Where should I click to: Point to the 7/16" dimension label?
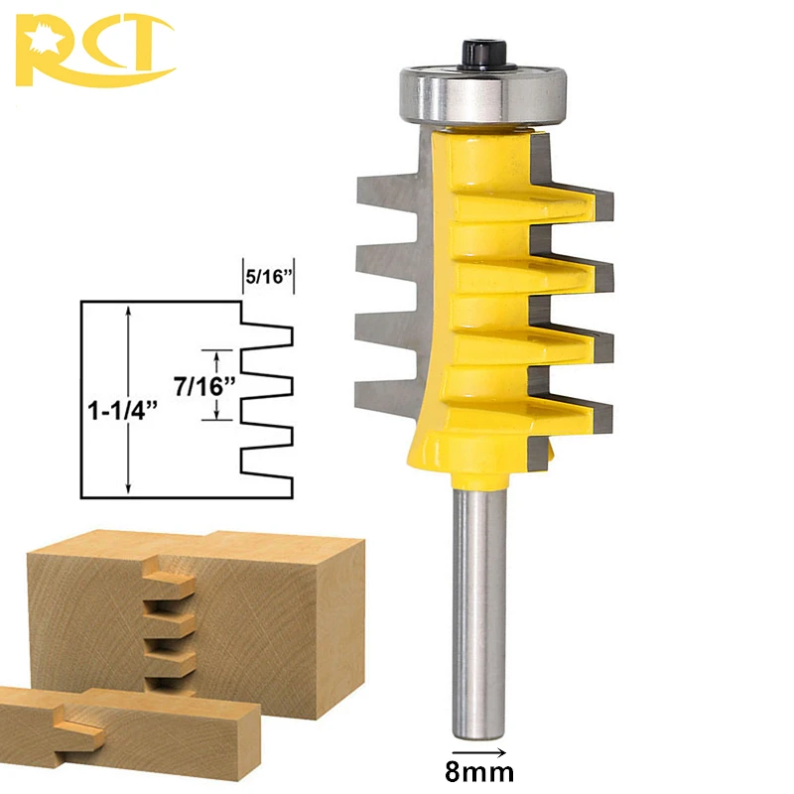204,386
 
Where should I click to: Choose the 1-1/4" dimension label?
122,410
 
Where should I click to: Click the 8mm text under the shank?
479,772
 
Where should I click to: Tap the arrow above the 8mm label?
479,752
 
